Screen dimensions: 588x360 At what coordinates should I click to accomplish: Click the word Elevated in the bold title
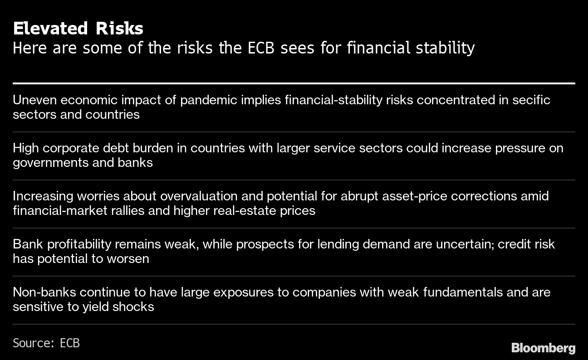click(x=50, y=28)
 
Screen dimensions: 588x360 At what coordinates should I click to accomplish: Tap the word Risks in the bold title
click(x=119, y=28)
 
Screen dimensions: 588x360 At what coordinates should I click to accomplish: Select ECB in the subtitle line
click(x=261, y=48)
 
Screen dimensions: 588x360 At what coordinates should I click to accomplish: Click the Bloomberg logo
click(x=544, y=348)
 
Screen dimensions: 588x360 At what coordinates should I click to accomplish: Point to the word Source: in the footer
click(x=33, y=343)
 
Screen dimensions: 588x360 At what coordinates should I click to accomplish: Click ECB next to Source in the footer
click(x=69, y=343)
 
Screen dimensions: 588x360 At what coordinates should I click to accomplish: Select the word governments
click(x=51, y=163)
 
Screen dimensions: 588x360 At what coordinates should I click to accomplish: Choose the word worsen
click(x=128, y=259)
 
